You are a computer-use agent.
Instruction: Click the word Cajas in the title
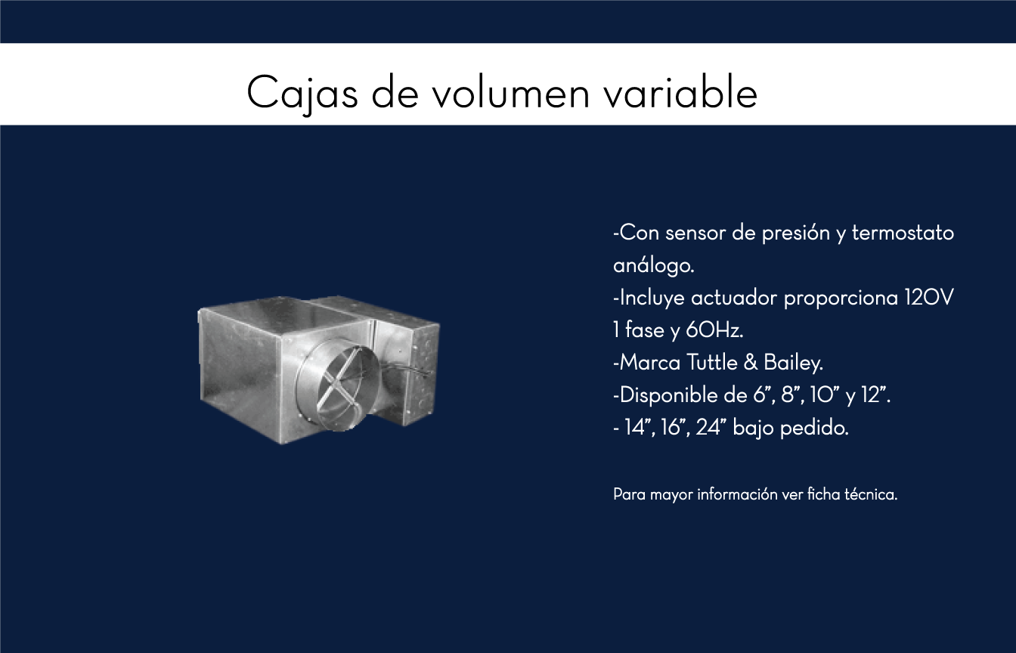tap(302, 94)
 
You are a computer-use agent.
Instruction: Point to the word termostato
tap(903, 233)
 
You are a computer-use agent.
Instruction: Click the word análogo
tap(654, 266)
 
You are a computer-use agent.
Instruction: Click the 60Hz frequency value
tap(714, 330)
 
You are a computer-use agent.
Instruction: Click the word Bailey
tap(793, 364)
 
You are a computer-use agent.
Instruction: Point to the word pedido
tap(814, 428)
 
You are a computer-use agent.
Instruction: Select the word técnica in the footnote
tap(871, 494)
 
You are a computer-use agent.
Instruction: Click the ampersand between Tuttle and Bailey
tap(751, 364)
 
